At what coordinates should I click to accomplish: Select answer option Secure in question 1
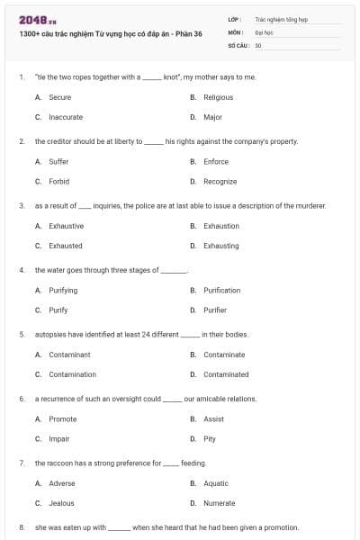click(59, 97)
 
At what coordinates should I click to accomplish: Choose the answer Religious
click(218, 97)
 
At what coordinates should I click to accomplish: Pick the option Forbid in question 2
click(58, 181)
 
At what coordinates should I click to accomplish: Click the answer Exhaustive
click(66, 226)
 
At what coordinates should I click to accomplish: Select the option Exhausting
click(220, 246)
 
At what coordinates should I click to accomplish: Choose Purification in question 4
click(221, 291)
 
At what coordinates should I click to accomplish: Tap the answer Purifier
click(215, 310)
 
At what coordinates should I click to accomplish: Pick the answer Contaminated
click(226, 374)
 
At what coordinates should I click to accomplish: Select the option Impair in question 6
click(58, 439)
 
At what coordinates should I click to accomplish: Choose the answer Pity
click(210, 439)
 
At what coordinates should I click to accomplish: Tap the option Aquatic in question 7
click(215, 483)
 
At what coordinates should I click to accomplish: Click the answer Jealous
click(61, 503)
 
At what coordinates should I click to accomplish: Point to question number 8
click(21, 527)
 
